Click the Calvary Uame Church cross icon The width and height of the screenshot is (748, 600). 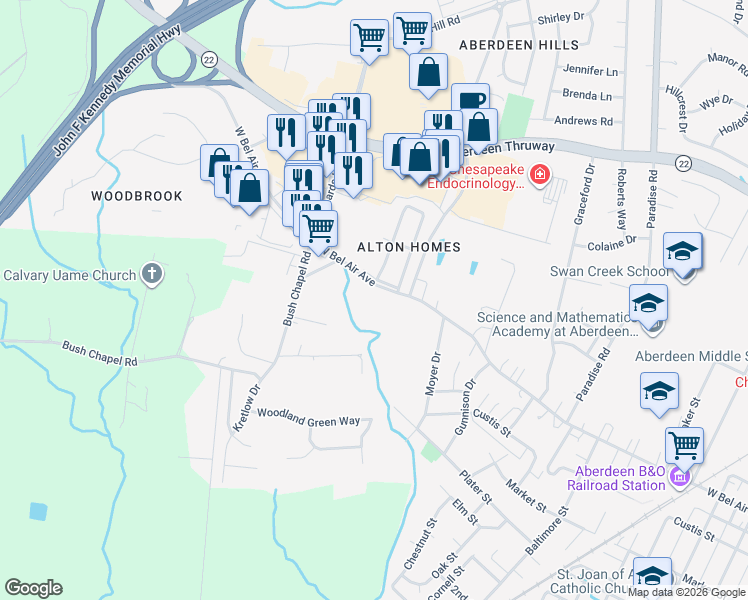coord(152,275)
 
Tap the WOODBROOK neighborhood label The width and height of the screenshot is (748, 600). coord(137,196)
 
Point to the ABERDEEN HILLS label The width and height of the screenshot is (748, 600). coord(518,46)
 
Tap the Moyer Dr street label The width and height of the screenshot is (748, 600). coord(434,373)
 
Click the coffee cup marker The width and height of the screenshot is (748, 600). coord(470,101)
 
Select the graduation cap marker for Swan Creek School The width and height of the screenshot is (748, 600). coord(683,251)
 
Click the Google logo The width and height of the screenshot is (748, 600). coord(33,587)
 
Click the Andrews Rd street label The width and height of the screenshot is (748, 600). coord(583,121)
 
